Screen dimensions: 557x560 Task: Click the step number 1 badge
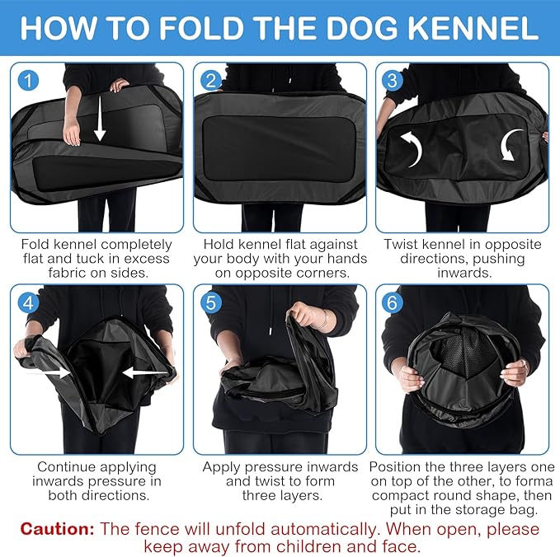point(29,80)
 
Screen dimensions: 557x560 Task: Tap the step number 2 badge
point(212,80)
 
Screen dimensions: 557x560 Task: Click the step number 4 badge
point(29,302)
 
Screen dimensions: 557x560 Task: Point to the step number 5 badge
point(212,302)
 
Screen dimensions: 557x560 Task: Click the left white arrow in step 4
point(50,372)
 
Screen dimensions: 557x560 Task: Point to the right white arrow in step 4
point(141,372)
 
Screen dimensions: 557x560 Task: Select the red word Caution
point(58,528)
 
